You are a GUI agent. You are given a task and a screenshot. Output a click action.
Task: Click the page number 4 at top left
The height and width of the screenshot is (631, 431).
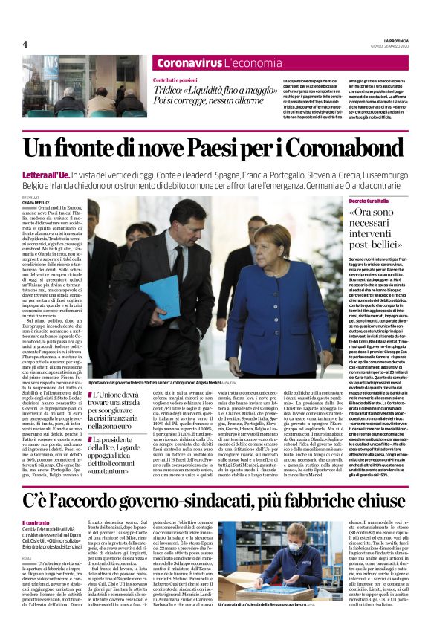(25, 44)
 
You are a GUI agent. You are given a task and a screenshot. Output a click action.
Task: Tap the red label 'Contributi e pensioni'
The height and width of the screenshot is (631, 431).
(175, 79)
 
